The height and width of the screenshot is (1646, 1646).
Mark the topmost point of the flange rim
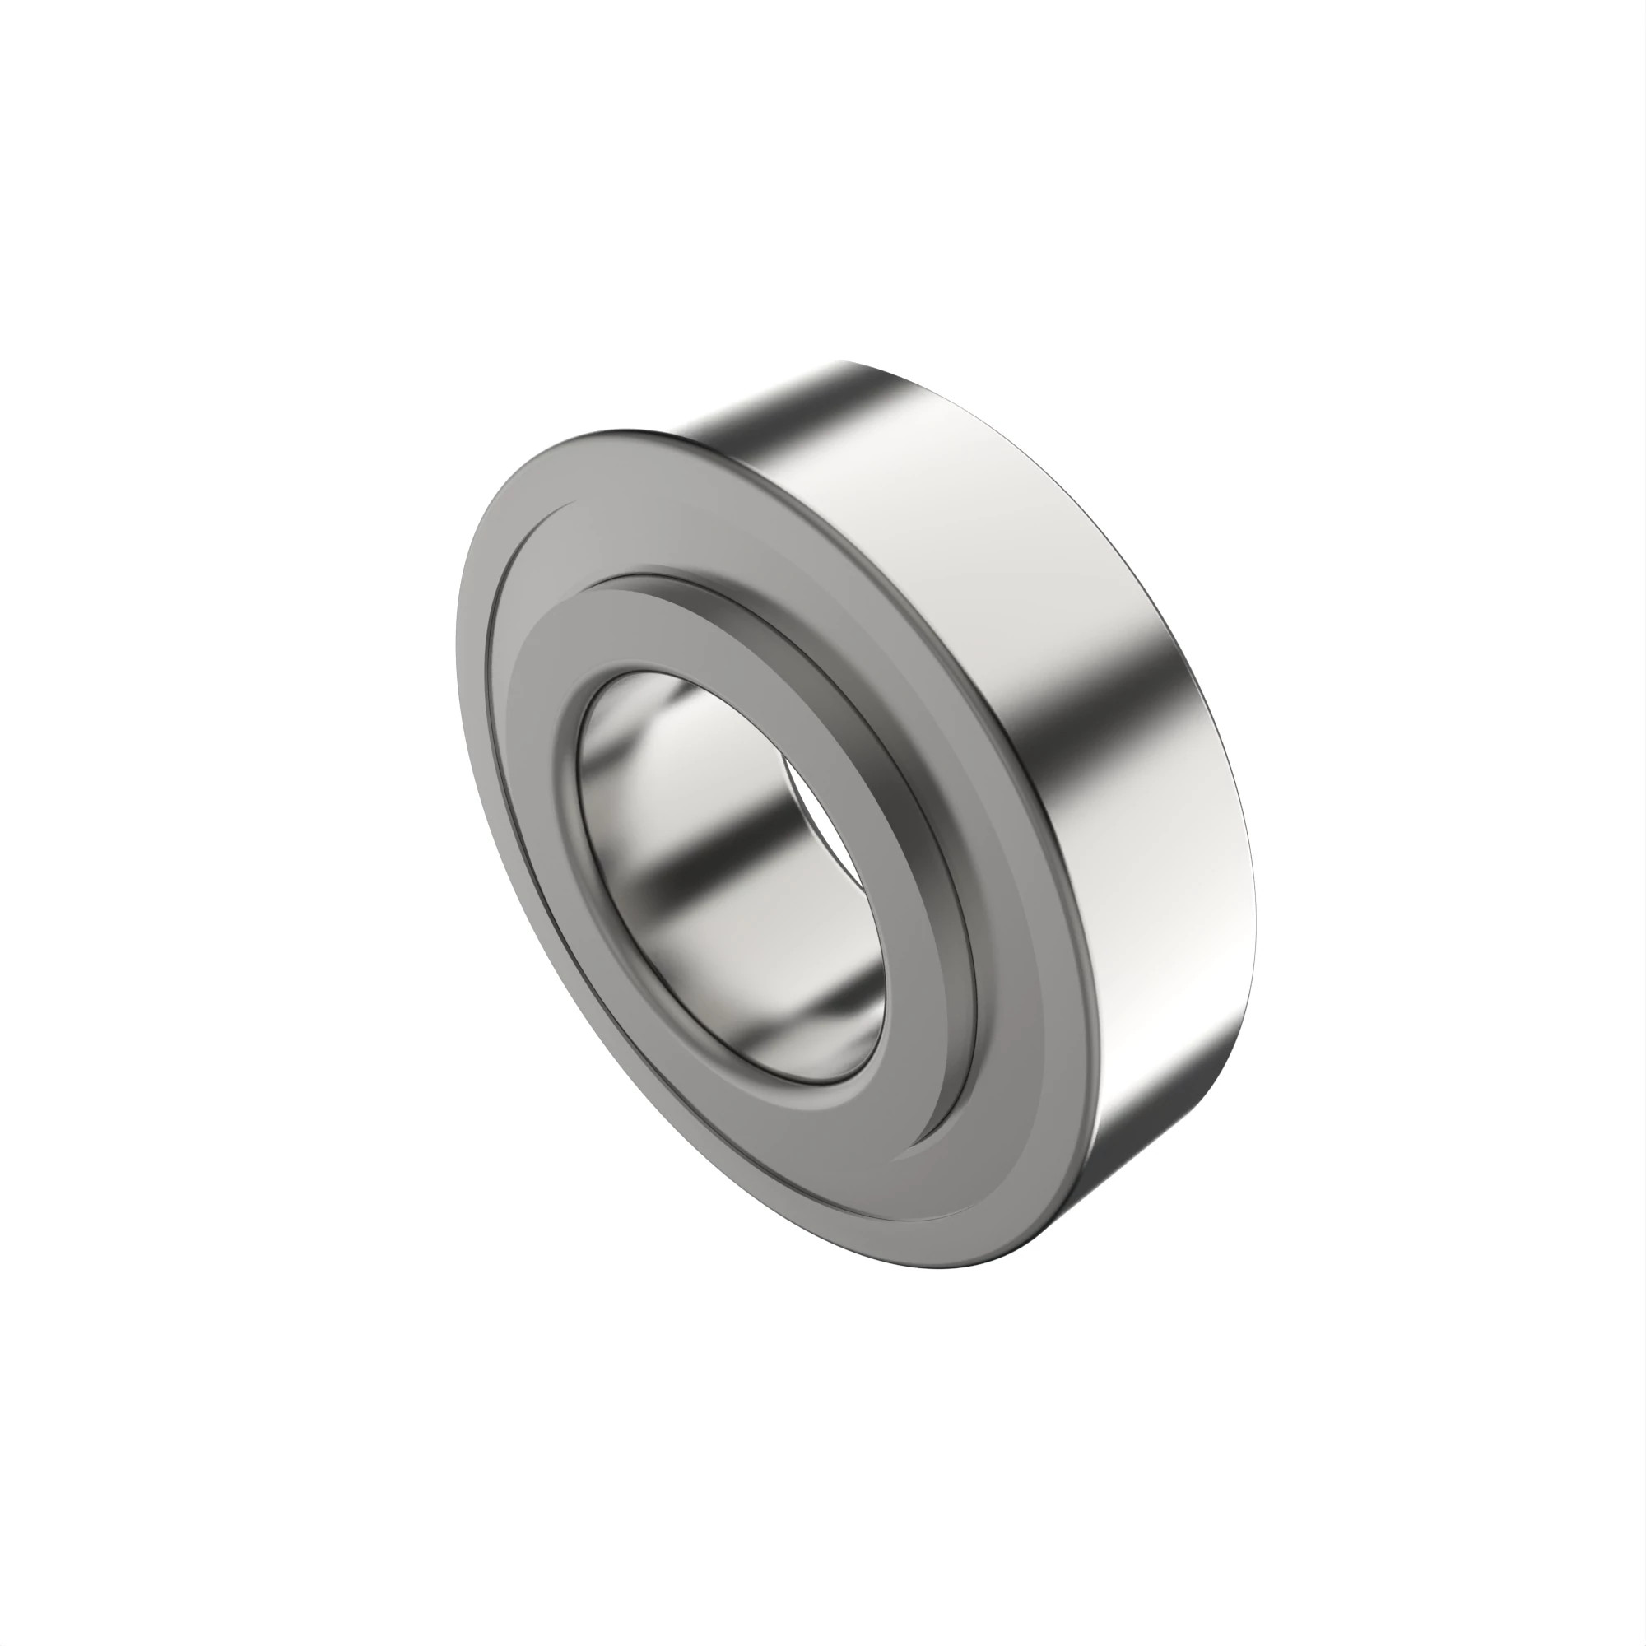point(626,430)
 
